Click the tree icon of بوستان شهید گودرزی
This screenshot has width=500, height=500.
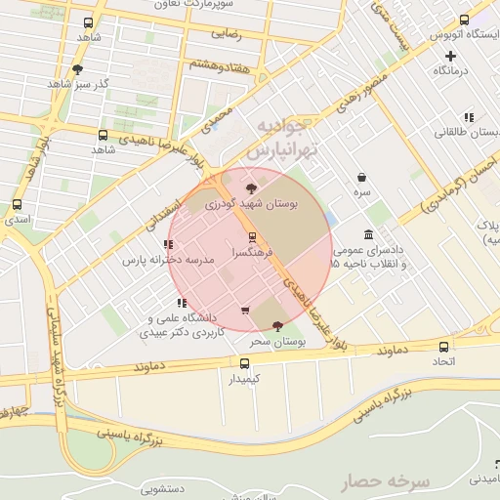click(252, 187)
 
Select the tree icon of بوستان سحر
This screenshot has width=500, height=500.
click(278, 326)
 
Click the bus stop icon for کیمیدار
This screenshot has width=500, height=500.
click(243, 363)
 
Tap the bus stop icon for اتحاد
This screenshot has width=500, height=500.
click(444, 347)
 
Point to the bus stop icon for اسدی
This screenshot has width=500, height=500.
click(17, 204)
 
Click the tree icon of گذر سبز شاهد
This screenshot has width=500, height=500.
click(77, 69)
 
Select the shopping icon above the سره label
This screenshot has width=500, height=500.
click(363, 178)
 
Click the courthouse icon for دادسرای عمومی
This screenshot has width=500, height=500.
click(367, 235)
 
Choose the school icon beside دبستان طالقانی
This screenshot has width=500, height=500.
click(469, 117)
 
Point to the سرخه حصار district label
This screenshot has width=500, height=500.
click(385, 481)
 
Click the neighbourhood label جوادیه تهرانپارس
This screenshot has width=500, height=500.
click(274, 140)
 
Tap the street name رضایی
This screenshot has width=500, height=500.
click(227, 31)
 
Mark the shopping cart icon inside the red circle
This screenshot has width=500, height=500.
click(245, 311)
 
